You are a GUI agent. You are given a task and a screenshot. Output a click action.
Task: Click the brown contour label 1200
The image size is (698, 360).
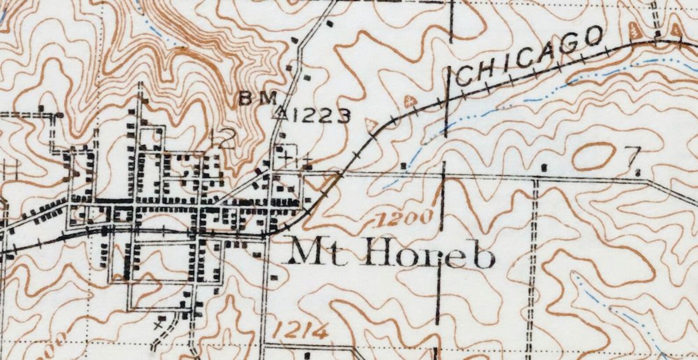click(404, 218)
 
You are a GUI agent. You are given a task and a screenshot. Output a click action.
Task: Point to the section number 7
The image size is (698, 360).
click(633, 156)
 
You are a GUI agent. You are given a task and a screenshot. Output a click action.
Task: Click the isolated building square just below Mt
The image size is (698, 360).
click(275, 278)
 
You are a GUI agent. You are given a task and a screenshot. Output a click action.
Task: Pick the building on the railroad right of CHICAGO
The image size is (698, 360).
click(658, 34)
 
